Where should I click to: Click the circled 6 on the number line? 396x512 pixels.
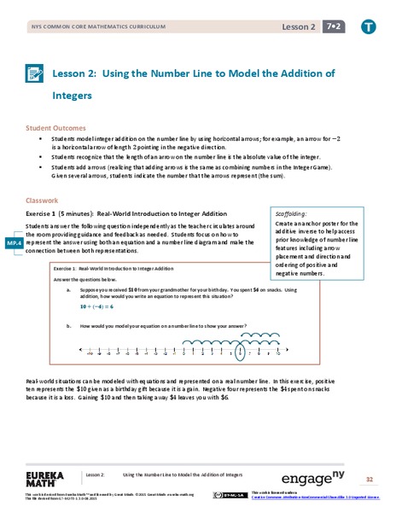[x=240, y=351]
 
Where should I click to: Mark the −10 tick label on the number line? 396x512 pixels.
[x=88, y=351]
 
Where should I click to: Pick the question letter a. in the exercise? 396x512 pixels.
[x=68, y=290]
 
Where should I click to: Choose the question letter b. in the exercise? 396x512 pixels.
[x=68, y=326]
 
